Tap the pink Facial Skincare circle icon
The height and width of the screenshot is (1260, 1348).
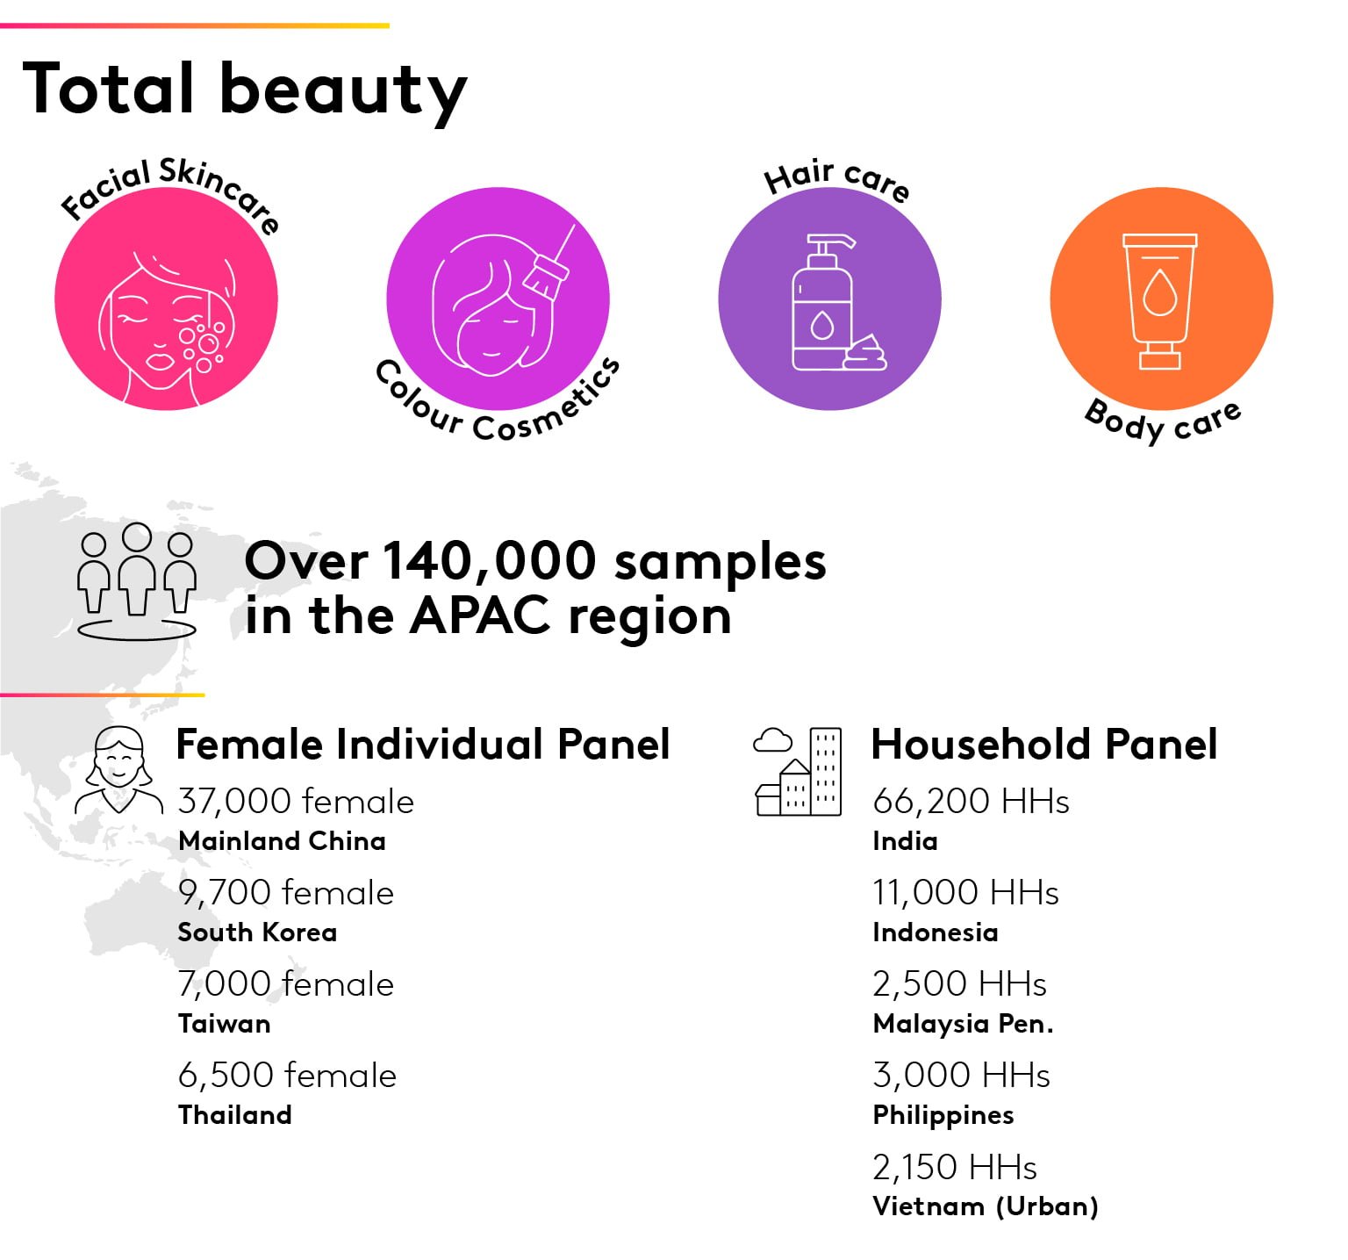(166, 299)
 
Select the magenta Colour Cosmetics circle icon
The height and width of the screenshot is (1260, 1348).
(498, 299)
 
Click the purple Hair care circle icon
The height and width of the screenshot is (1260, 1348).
(829, 299)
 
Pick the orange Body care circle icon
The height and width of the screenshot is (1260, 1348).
(1161, 299)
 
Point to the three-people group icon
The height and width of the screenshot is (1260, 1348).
(136, 581)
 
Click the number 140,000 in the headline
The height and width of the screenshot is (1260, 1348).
(489, 562)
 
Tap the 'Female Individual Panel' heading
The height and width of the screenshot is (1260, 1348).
(423, 745)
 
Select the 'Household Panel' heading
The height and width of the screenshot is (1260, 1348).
(1044, 745)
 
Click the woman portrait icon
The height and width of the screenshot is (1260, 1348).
(118, 770)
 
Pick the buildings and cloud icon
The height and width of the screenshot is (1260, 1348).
(798, 771)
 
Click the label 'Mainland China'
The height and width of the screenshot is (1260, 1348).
(282, 841)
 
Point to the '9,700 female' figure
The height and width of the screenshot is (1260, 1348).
(286, 893)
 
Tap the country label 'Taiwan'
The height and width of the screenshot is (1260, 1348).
(224, 1024)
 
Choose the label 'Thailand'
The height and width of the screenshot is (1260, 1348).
(234, 1115)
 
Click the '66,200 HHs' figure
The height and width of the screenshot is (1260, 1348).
(971, 802)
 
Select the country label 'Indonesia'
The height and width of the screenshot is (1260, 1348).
(936, 932)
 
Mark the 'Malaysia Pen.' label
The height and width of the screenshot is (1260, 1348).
(963, 1024)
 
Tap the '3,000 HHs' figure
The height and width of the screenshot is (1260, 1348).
(961, 1076)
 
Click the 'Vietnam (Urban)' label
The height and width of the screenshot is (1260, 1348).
(986, 1206)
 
